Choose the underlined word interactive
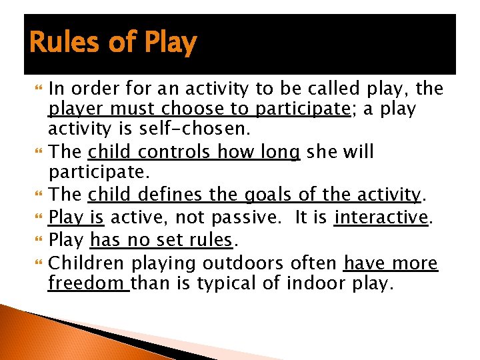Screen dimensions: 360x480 tap(381, 217)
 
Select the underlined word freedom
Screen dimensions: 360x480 tap(89, 283)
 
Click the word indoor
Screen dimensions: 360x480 tap(314, 283)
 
